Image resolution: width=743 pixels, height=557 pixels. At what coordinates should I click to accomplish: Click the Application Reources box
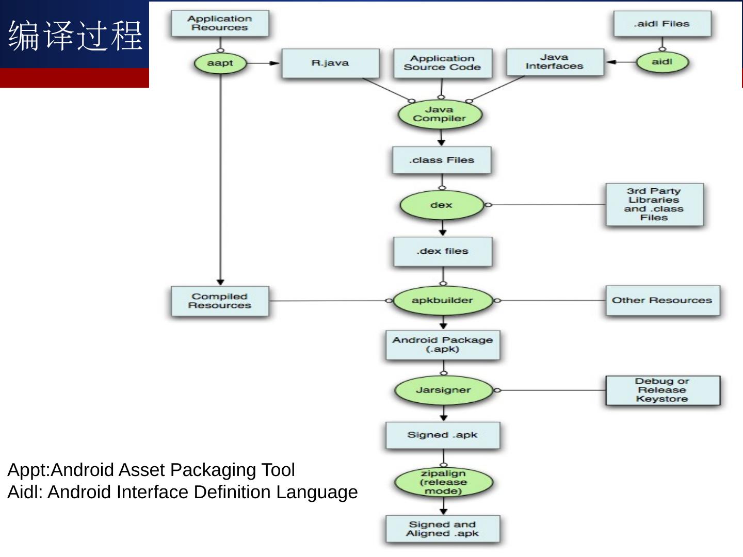click(220, 23)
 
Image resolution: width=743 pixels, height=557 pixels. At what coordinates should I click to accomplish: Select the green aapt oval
click(220, 63)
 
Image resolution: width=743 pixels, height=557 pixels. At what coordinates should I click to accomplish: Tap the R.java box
click(330, 63)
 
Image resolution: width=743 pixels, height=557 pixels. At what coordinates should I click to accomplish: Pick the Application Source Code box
click(442, 63)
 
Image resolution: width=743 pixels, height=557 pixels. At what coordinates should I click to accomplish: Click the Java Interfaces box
click(555, 62)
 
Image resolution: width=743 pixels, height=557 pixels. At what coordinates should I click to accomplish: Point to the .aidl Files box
click(662, 24)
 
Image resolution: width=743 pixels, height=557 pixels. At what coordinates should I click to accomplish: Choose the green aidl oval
click(662, 62)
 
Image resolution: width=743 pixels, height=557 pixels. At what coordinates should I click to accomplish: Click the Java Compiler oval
click(440, 114)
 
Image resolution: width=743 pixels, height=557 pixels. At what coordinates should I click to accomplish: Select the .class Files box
click(442, 160)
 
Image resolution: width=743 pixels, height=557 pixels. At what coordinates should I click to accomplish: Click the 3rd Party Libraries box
click(654, 205)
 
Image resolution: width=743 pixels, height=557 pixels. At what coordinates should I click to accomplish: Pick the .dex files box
click(443, 251)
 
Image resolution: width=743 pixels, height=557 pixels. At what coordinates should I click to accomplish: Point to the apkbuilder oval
click(442, 300)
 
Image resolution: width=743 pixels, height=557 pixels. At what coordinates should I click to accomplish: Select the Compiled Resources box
click(220, 301)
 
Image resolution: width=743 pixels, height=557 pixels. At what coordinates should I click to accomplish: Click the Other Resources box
click(663, 300)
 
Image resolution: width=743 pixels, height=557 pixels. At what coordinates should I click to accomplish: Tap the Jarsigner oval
click(443, 390)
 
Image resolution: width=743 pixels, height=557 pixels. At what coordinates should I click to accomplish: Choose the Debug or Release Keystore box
click(663, 390)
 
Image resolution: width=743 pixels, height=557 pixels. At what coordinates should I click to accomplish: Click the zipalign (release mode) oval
click(443, 482)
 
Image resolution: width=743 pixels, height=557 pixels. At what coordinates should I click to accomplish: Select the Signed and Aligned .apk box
click(443, 529)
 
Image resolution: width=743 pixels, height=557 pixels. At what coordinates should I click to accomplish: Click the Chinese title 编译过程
click(75, 36)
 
